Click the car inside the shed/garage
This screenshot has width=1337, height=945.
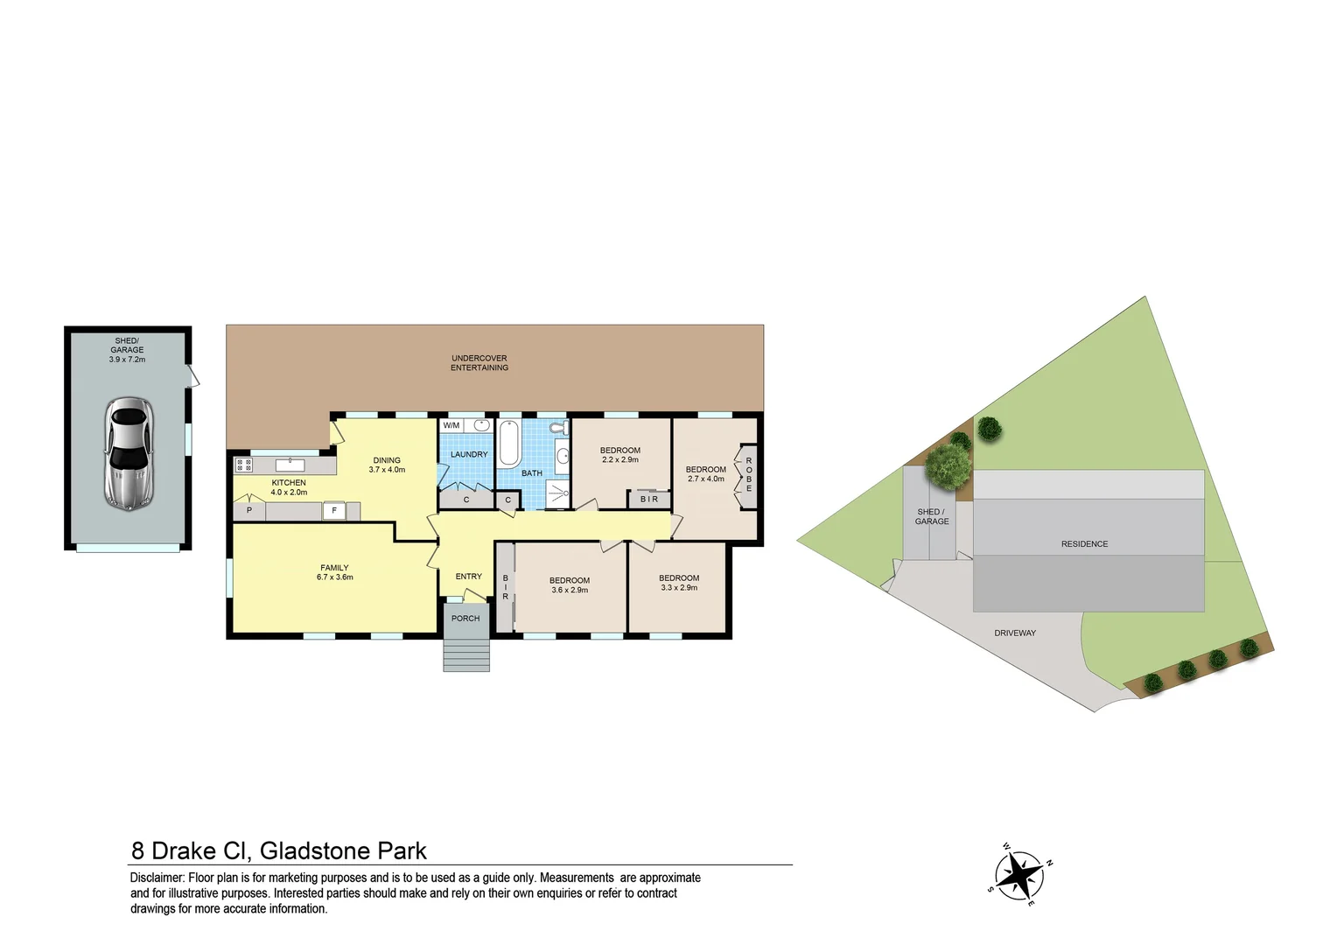[129, 453]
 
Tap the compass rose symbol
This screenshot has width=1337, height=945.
[1020, 874]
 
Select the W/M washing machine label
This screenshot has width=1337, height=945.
[451, 425]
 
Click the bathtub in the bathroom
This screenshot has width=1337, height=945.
[508, 443]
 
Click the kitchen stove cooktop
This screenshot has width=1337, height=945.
[244, 465]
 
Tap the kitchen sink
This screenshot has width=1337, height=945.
[290, 465]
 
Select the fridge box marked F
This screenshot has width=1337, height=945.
[334, 511]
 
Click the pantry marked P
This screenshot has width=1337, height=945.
[249, 510]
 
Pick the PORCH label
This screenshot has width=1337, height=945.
[465, 619]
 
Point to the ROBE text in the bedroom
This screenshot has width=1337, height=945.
[749, 475]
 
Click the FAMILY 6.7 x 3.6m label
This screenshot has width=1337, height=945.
[335, 572]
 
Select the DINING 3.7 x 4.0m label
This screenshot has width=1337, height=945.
[387, 465]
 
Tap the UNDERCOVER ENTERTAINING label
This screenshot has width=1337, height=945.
[479, 363]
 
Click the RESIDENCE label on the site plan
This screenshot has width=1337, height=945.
[1084, 544]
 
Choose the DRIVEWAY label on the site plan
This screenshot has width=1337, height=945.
[1015, 633]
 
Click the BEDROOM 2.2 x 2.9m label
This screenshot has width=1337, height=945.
[620, 455]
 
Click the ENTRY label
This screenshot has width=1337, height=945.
[469, 577]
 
